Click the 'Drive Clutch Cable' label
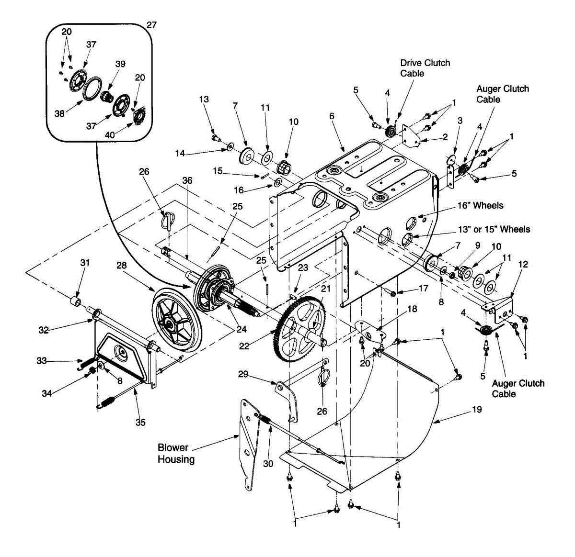(425, 68)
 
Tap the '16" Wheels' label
(480, 206)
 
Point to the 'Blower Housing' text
(176, 454)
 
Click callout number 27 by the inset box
(151, 25)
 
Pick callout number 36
(187, 180)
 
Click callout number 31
(85, 263)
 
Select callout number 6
(332, 116)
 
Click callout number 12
(523, 264)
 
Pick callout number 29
(243, 374)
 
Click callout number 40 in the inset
(110, 135)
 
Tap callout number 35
(140, 422)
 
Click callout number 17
(423, 288)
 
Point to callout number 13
(204, 100)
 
